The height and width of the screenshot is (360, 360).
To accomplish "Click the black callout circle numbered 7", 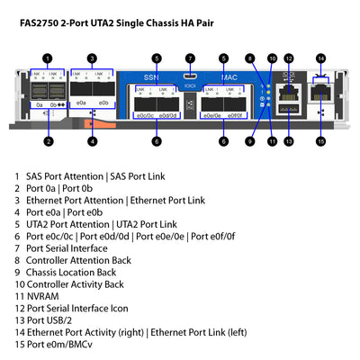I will click(190, 58).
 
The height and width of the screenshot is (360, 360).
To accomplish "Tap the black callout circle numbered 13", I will click(288, 141).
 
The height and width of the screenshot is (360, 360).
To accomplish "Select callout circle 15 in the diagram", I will click(319, 141).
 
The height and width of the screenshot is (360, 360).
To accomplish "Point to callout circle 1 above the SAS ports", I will click(48, 58).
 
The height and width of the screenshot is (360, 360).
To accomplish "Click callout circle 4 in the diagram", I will click(92, 141).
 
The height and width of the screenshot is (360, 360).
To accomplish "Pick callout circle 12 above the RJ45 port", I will click(288, 58).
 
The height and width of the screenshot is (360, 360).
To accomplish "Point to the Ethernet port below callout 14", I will click(319, 93).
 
